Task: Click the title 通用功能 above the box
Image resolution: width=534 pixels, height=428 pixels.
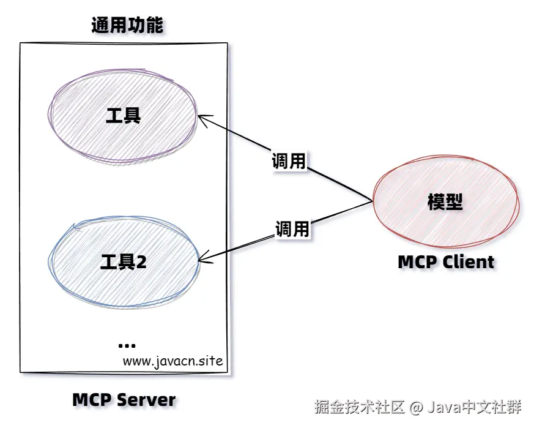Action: [127, 25]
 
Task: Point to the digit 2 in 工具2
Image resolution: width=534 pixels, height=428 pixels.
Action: [141, 262]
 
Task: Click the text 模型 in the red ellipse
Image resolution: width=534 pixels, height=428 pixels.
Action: [445, 201]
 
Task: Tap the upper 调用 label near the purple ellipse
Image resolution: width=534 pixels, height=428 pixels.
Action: [289, 160]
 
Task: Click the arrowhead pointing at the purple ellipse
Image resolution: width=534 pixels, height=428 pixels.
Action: [202, 118]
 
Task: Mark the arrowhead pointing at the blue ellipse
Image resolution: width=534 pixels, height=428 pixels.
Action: [204, 260]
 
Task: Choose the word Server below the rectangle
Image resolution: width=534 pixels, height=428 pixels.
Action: [146, 400]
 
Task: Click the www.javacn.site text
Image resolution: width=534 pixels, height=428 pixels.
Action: [172, 361]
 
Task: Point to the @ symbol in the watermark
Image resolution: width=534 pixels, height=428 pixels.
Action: [417, 407]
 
